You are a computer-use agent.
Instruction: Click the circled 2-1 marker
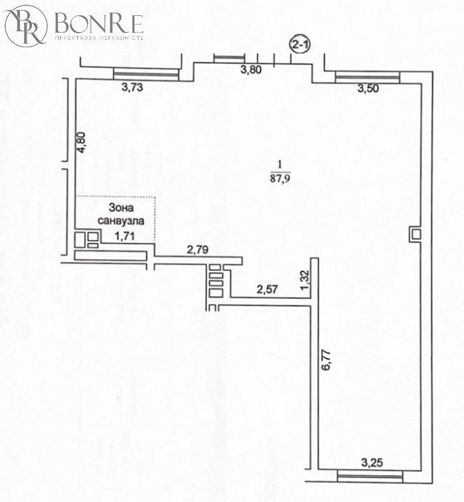coord(300,45)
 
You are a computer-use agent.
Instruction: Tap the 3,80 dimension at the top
coord(251,69)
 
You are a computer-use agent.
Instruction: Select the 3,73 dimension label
coord(132,87)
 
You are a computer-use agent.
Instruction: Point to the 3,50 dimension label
coord(368,88)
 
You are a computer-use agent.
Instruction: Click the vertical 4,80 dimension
coord(82,142)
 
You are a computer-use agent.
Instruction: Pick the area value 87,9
coord(280,178)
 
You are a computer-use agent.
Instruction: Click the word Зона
coord(121,208)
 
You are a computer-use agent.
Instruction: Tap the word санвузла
coord(120,220)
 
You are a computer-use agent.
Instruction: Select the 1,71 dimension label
coord(124,236)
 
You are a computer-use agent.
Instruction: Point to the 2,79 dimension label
coord(198,250)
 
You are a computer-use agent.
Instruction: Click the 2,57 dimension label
coord(267,290)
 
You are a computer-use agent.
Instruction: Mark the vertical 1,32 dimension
coord(305,280)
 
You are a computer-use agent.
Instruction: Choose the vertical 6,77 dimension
coord(326,360)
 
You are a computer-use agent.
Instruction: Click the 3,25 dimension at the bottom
coord(372,462)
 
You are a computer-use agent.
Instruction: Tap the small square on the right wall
coord(415,234)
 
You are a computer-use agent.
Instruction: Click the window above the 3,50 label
coord(367,77)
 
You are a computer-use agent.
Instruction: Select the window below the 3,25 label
coord(370,477)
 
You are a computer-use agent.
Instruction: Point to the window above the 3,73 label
coord(146,74)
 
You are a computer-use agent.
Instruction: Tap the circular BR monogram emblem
coord(26,26)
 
